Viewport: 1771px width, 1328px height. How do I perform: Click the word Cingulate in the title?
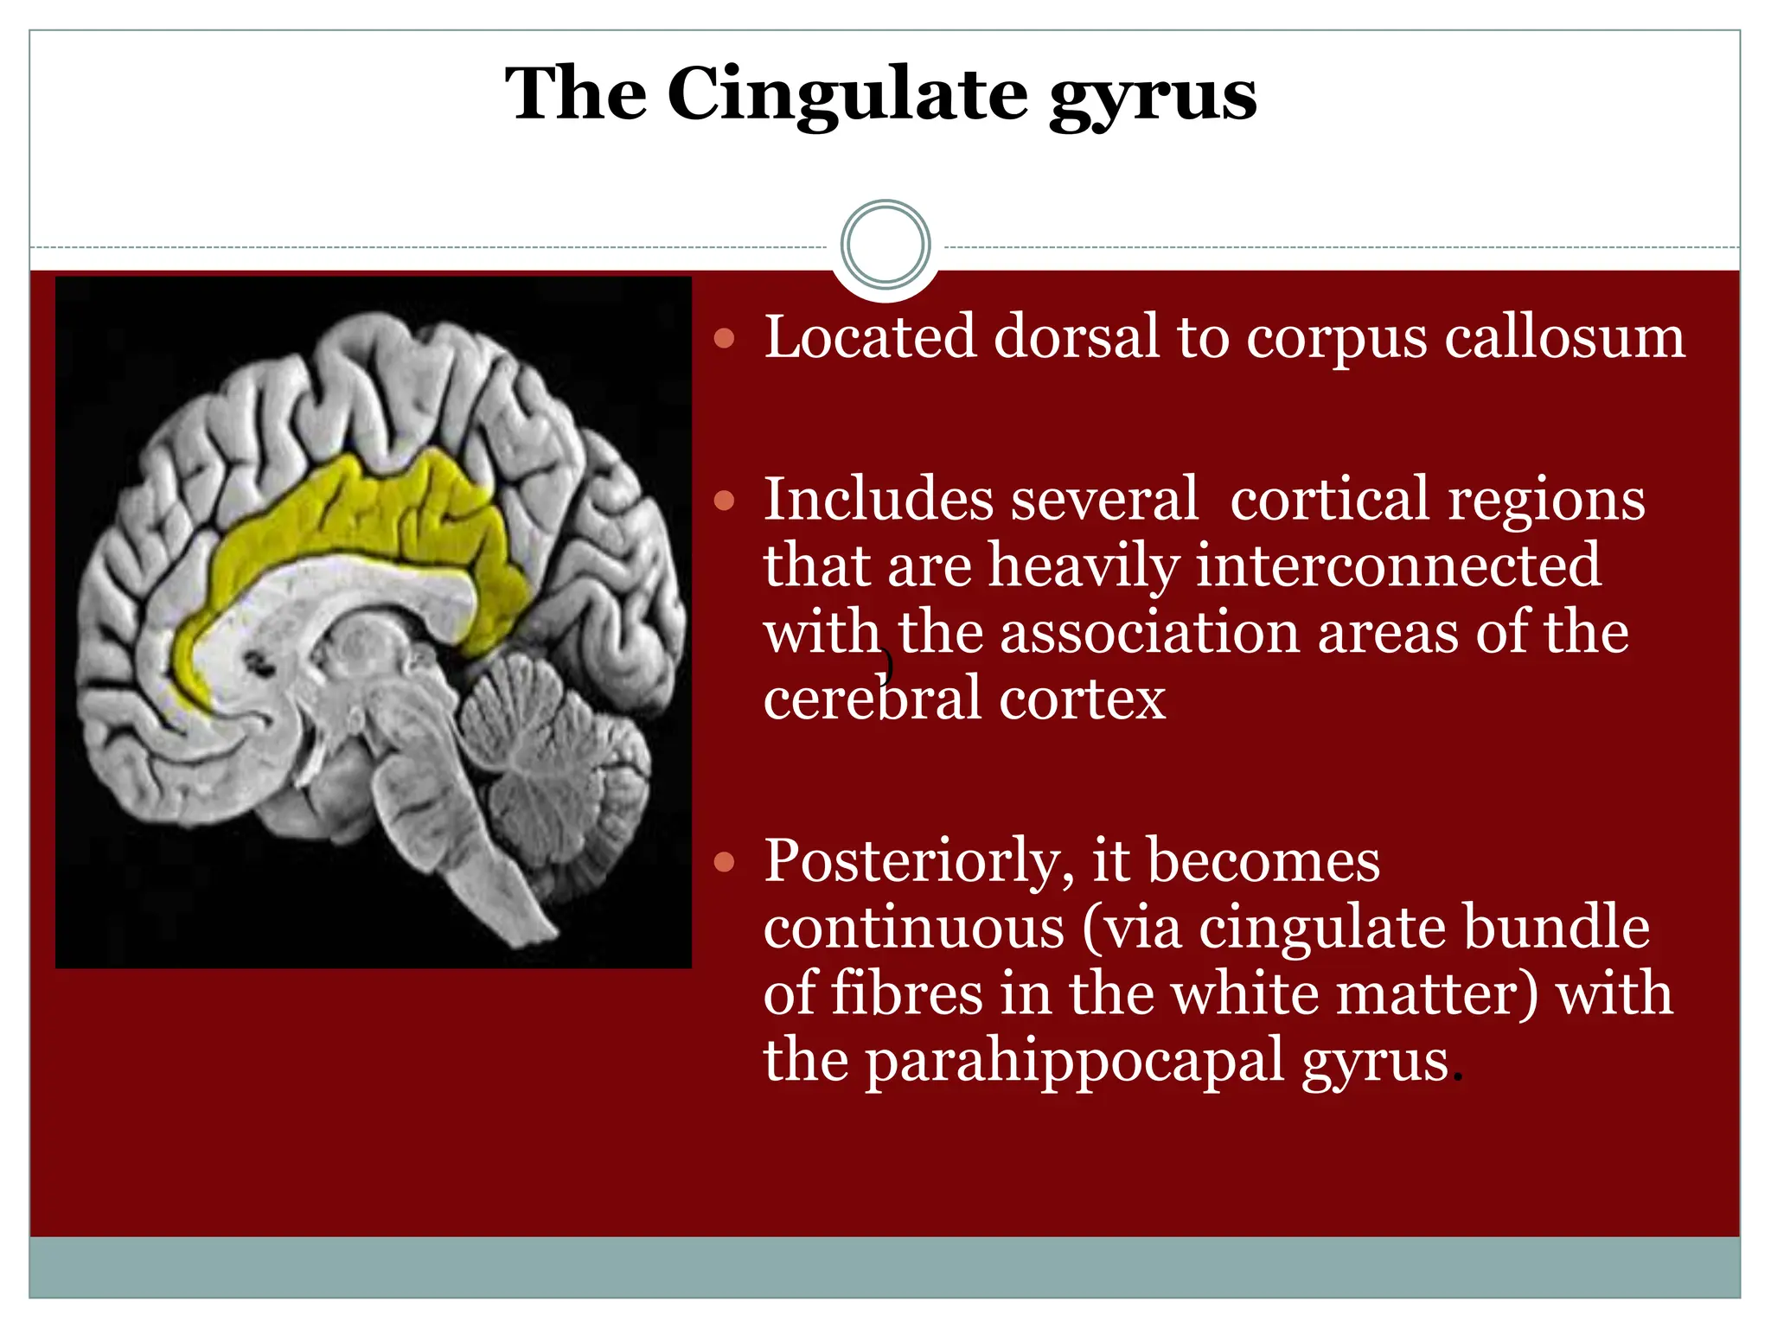847,95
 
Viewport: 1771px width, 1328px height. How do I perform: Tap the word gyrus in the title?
1153,97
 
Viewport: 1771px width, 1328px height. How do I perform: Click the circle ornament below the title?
885,245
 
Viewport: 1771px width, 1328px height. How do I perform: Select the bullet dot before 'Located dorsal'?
725,337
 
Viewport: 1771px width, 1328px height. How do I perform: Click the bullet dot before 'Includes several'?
725,500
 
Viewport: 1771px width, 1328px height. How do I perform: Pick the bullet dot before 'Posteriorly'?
725,861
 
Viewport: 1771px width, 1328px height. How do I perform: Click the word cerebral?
873,699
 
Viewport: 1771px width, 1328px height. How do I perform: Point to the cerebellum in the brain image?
553,761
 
